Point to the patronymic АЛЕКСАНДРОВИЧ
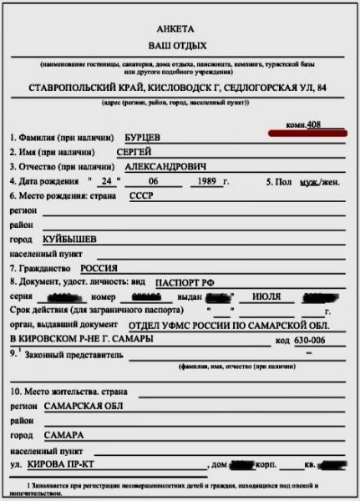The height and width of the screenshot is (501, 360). [168, 166]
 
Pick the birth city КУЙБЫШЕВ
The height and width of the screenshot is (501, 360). [68, 239]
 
